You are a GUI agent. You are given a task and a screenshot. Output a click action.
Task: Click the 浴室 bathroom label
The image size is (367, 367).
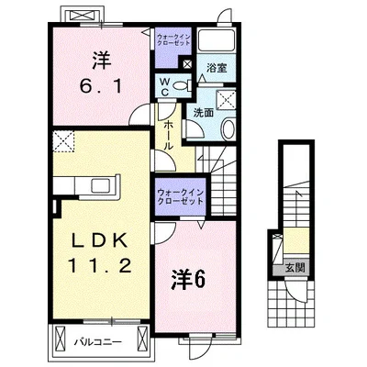click(x=217, y=68)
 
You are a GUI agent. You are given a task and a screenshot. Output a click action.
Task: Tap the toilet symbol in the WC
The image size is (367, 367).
click(x=183, y=85)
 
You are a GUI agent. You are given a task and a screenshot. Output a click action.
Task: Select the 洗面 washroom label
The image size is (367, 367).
click(x=203, y=113)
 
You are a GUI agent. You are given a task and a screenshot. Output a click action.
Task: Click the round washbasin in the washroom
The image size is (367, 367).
click(x=228, y=129)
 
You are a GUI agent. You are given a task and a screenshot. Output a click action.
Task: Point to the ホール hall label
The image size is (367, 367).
click(x=168, y=135)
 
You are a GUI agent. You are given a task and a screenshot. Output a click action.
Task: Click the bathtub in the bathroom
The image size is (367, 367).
click(x=216, y=40)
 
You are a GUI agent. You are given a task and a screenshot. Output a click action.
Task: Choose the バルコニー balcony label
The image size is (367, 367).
click(x=98, y=341)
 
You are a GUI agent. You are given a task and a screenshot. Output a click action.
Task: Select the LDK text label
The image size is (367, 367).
click(x=100, y=241)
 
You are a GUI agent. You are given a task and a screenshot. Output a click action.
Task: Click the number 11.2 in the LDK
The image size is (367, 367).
click(x=100, y=265)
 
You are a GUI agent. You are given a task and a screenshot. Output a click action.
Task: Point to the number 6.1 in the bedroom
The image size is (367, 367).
click(x=101, y=87)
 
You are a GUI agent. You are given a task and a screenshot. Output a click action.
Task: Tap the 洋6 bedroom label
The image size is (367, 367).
click(x=188, y=279)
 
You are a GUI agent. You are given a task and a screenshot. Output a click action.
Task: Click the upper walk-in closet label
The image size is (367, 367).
click(x=173, y=40)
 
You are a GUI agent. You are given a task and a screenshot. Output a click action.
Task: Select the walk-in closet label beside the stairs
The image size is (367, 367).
click(x=180, y=197)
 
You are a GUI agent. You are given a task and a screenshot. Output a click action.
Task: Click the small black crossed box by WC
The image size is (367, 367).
click(x=186, y=64)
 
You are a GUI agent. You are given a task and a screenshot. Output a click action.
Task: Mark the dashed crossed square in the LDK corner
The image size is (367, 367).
click(x=63, y=141)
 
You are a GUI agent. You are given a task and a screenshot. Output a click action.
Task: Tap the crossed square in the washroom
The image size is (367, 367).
click(x=226, y=99)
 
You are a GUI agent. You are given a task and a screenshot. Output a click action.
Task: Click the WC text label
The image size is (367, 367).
click(x=164, y=87)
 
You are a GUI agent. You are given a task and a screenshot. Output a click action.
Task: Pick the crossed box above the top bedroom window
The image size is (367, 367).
click(x=83, y=16)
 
